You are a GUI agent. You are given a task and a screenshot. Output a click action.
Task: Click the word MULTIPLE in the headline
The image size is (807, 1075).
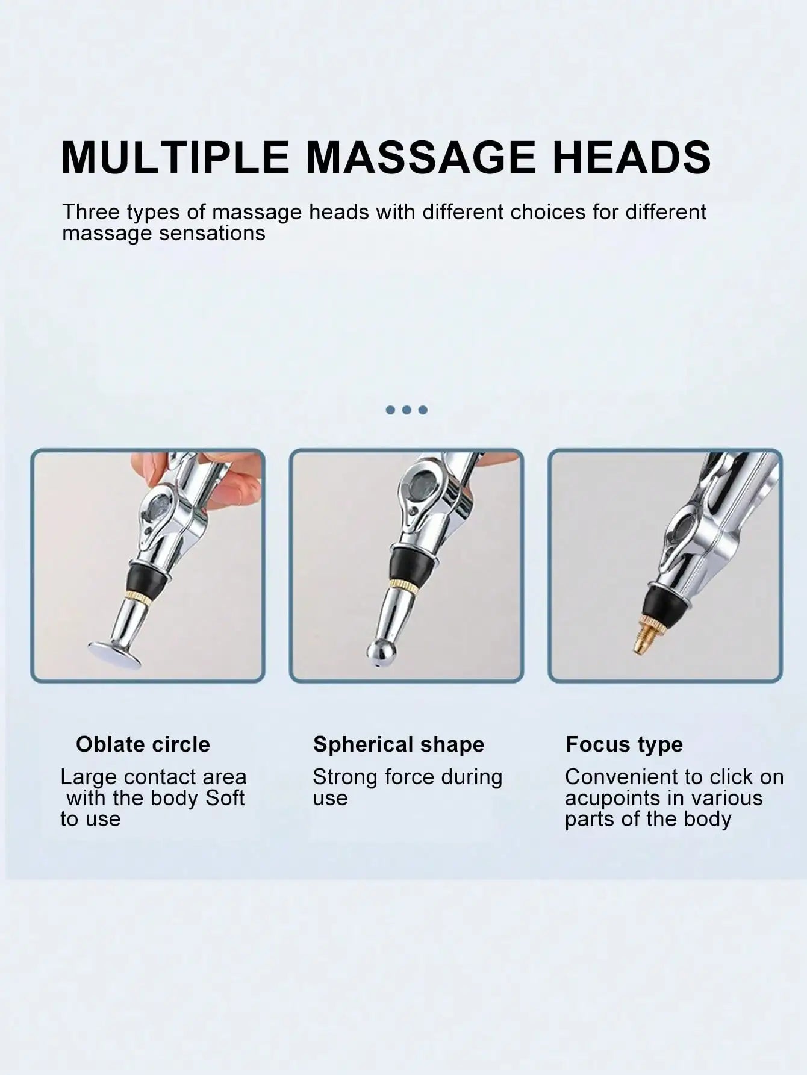tap(175, 157)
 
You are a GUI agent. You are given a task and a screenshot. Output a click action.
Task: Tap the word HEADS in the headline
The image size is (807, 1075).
tap(632, 157)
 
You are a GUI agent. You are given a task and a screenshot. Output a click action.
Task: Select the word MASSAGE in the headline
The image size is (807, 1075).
tap(420, 157)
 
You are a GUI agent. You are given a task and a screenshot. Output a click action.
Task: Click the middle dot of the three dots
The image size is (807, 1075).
tap(407, 410)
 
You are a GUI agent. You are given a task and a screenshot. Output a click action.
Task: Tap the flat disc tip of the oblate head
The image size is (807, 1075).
tap(114, 655)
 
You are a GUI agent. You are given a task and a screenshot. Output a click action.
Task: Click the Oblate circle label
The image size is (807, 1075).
tap(143, 744)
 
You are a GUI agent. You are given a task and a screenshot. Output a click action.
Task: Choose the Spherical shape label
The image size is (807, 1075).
tap(399, 745)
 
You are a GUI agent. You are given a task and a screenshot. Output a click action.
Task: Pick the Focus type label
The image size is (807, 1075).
tap(625, 745)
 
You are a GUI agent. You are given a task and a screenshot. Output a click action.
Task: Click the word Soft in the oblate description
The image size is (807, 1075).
tap(225, 799)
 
